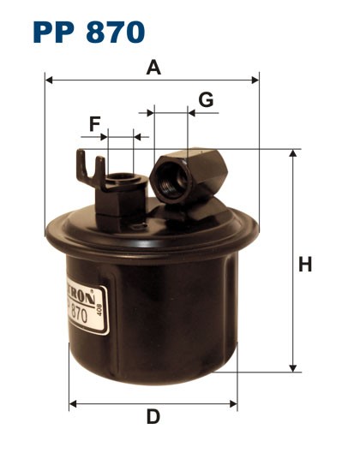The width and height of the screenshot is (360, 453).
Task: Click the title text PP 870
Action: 89,33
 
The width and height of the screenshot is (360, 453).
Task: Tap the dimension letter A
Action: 153,67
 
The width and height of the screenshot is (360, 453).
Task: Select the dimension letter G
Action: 206,99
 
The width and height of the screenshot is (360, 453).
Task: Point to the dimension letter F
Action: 94,124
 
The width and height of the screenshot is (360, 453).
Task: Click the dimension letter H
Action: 304,265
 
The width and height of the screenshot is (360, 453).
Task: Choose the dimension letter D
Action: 153,417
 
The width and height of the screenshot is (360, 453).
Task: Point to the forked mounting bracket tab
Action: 85,166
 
